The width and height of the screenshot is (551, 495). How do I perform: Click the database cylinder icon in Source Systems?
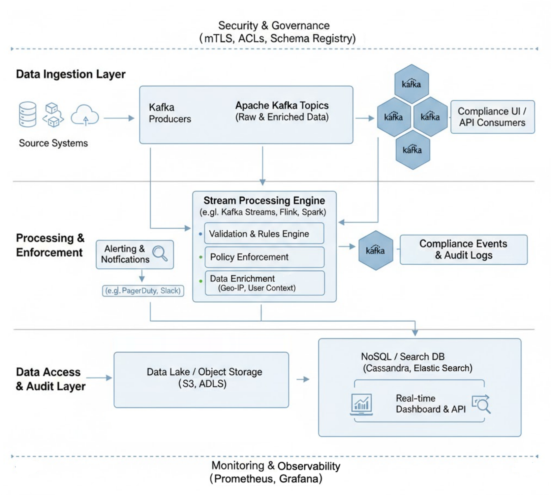27,114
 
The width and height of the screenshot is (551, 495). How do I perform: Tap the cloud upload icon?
85,115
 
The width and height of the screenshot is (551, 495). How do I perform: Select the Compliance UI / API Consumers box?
492,117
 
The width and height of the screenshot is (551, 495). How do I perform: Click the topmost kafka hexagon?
412,84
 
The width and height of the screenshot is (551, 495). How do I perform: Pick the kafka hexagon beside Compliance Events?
376,250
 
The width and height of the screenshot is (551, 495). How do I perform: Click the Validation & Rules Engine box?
264,234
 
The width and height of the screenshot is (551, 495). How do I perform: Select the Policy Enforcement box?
264,257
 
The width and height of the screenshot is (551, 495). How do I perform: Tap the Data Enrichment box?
265,283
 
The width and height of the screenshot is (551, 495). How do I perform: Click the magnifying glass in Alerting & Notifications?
160,253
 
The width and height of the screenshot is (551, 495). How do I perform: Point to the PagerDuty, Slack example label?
143,291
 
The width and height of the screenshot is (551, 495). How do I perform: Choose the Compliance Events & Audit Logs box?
463,249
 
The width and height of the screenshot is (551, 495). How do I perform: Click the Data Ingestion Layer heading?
71,74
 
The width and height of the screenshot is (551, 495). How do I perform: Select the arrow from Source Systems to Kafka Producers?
119,118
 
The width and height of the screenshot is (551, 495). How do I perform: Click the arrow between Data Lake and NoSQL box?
303,379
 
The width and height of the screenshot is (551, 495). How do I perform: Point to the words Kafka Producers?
169,113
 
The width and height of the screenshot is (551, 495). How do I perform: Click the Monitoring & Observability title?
276,466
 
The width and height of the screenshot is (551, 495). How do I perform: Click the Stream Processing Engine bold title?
264,201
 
